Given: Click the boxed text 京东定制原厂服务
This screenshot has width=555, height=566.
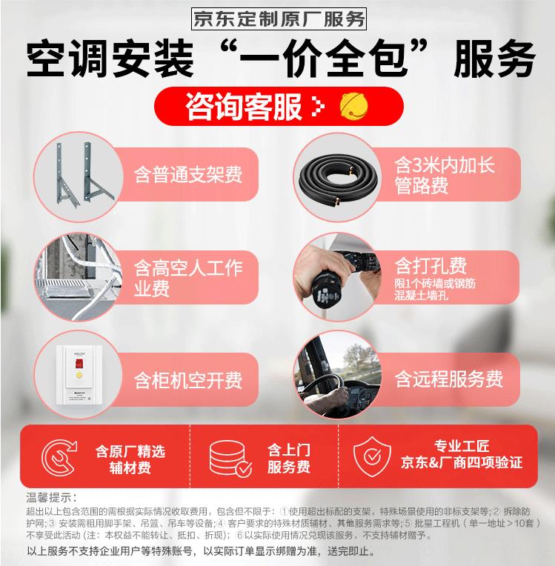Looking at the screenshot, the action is [x=279, y=19].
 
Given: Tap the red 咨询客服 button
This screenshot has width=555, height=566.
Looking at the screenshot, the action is [x=279, y=106].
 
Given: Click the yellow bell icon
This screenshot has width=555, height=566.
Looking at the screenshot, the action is [x=353, y=106].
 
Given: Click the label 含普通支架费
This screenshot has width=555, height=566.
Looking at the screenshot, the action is [x=187, y=175].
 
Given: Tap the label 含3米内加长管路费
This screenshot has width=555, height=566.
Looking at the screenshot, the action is [x=444, y=175].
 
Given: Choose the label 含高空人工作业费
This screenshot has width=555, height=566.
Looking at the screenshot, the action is [x=187, y=278].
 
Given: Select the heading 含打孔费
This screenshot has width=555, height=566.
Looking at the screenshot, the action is [x=431, y=266].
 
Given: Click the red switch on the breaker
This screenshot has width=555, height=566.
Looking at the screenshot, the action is [x=79, y=363].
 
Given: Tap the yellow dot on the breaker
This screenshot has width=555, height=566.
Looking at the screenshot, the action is [x=79, y=376].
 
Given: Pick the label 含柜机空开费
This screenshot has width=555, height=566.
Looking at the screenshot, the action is [x=187, y=380].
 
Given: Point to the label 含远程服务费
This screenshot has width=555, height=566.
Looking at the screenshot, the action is [x=448, y=379].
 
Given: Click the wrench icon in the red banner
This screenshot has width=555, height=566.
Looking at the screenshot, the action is [x=59, y=457].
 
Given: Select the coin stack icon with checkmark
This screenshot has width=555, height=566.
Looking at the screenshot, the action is [x=230, y=459].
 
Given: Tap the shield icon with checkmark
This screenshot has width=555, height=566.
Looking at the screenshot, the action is [x=372, y=456].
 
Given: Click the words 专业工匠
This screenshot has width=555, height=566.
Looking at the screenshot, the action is [x=462, y=446].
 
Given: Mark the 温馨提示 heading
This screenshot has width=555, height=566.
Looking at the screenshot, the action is [x=51, y=497].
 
